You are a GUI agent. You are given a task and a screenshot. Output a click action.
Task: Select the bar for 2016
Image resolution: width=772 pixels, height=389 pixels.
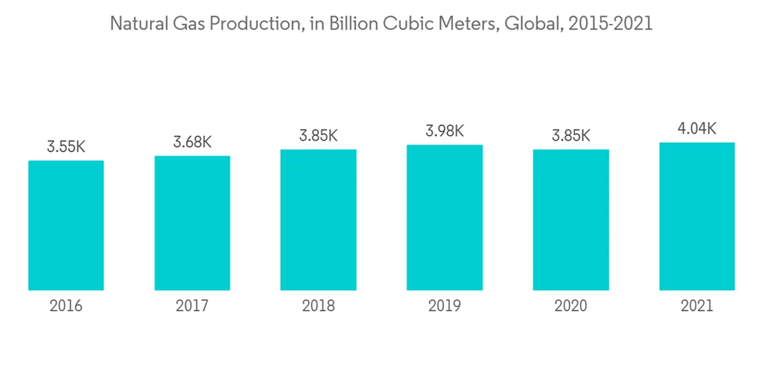click(66, 225)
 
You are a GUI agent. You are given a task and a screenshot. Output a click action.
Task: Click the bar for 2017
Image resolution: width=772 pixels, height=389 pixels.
click(192, 223)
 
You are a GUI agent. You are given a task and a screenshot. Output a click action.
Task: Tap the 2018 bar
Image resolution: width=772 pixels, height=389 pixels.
click(318, 220)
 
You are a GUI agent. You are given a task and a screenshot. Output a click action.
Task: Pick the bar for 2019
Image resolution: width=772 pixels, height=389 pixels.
click(445, 218)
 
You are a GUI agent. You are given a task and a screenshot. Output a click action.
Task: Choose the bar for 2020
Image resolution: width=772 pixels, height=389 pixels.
click(571, 220)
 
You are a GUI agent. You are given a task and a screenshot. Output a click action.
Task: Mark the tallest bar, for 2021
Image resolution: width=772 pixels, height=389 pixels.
click(696, 216)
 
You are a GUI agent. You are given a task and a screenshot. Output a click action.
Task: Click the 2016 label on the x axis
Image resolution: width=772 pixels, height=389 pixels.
click(66, 306)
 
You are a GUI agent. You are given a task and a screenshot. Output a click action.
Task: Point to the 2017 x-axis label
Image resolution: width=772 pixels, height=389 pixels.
click(192, 306)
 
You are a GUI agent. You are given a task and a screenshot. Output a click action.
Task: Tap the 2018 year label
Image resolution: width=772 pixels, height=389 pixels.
click(318, 306)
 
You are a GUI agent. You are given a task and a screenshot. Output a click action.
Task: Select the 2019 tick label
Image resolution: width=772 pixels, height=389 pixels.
click(445, 306)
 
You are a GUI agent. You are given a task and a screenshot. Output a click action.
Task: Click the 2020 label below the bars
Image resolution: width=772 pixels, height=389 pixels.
click(571, 306)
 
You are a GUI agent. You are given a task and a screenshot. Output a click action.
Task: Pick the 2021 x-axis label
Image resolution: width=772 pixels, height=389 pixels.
click(696, 306)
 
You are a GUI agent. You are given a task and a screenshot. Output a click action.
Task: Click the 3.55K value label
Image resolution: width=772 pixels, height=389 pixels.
click(66, 147)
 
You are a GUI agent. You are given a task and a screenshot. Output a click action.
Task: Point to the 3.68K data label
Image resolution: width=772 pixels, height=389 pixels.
click(192, 142)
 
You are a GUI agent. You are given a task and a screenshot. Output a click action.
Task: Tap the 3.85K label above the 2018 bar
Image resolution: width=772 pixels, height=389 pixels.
click(318, 136)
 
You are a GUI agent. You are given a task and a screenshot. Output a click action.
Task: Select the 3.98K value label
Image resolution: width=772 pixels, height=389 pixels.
click(445, 131)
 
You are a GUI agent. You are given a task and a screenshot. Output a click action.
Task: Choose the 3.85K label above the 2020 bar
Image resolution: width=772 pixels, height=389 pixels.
click(571, 136)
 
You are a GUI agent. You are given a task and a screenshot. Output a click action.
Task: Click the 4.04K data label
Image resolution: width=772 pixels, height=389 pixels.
click(696, 129)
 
